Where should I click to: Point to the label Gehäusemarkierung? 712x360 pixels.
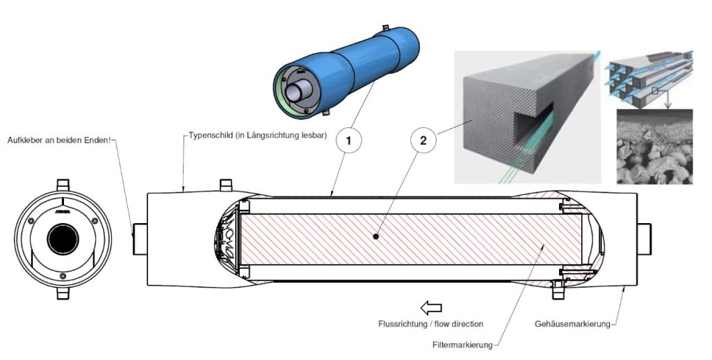pyautogui.click(x=573, y=324)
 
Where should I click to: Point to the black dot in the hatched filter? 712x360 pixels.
pyautogui.click(x=375, y=236)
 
